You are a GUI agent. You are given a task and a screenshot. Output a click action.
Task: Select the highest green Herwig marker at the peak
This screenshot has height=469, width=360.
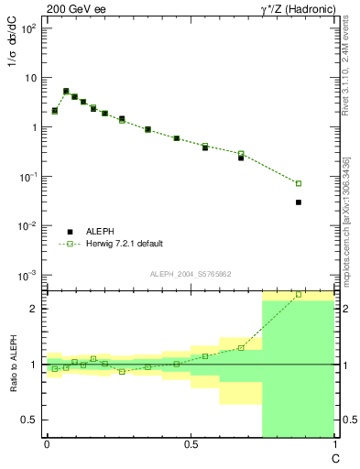point(66,92)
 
